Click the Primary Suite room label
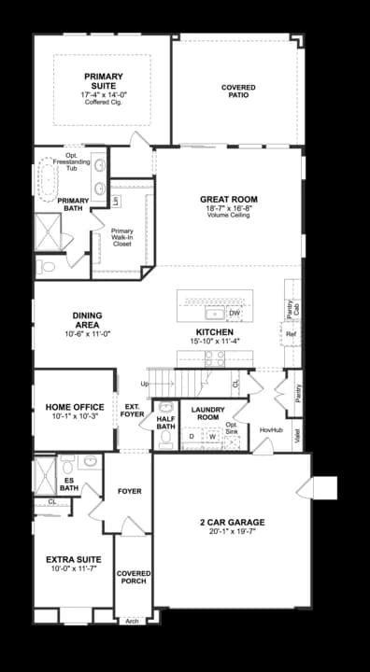tap(104, 81)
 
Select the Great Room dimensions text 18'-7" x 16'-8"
tap(229, 208)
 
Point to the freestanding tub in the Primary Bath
tap(47, 179)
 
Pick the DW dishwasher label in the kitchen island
tap(234, 314)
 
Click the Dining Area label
tap(87, 320)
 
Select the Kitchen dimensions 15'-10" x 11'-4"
tap(215, 342)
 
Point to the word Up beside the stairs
tap(144, 384)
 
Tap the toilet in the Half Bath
tap(165, 437)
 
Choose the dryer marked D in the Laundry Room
tap(192, 436)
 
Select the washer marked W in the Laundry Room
tap(212, 436)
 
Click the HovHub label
tap(271, 429)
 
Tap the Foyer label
tap(129, 491)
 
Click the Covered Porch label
tap(134, 577)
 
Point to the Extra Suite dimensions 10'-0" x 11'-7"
tap(74, 568)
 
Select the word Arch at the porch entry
tap(132, 621)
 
